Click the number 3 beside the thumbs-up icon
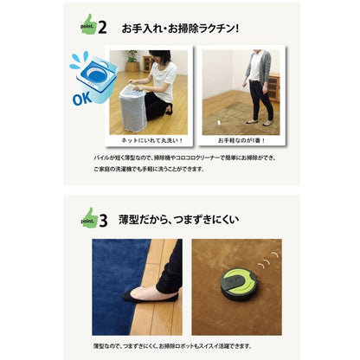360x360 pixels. click(102, 215)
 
